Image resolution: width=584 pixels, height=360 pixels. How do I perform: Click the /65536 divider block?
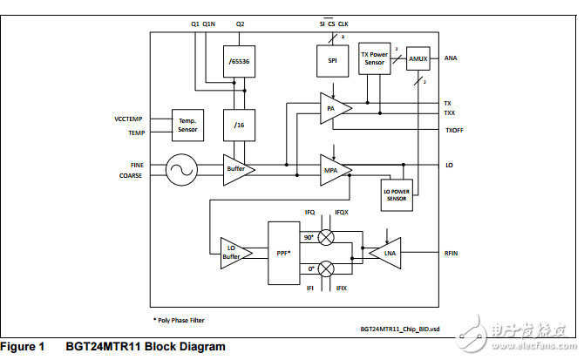tap(240, 61)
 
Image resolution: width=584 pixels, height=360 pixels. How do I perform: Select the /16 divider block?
tap(240, 126)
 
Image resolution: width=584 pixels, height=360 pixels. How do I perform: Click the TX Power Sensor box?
tap(375, 58)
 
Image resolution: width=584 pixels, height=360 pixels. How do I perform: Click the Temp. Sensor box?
tap(187, 125)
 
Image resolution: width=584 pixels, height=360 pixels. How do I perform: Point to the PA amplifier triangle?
tap(332, 108)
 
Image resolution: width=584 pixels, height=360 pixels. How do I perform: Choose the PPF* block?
tap(282, 252)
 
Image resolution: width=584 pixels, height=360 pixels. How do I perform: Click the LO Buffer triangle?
tap(233, 253)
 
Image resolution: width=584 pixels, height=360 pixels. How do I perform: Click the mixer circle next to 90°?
tap(326, 237)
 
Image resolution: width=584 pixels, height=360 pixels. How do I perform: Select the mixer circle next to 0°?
tap(326, 268)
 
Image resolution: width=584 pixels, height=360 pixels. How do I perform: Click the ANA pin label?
tap(451, 58)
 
